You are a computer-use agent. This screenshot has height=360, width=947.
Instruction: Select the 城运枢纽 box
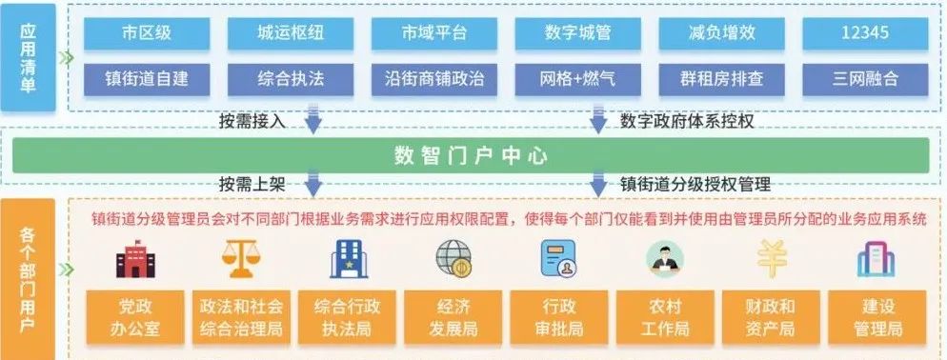point(291,32)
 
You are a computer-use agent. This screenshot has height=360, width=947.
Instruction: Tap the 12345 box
point(865,32)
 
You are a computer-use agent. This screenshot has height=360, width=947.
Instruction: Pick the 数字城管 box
point(577,32)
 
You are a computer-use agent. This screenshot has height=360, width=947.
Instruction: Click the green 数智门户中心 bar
point(471,155)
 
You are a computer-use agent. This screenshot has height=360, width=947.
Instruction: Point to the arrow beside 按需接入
point(312,122)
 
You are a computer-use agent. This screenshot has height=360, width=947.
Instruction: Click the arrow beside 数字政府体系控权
point(598,122)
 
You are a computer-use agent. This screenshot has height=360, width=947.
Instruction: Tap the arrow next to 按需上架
point(312,184)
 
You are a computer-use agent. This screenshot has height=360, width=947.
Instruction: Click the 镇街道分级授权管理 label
point(695,184)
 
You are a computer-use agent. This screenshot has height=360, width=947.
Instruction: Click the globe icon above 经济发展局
point(453,258)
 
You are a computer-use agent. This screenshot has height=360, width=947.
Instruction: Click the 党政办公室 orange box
point(136,318)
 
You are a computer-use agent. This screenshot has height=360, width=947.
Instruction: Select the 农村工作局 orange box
point(667,318)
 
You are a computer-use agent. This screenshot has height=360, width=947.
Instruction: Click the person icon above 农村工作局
point(665,258)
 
